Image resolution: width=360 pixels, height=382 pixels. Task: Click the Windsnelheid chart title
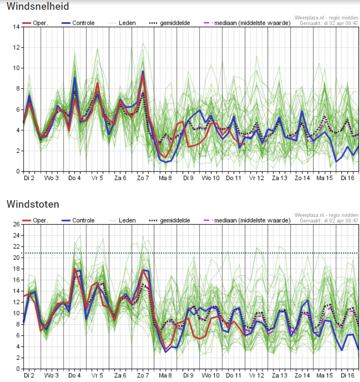(x=38, y=7)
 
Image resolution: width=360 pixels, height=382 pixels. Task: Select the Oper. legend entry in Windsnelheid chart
(x=36, y=23)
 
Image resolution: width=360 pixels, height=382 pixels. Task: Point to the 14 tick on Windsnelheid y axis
(x=16, y=27)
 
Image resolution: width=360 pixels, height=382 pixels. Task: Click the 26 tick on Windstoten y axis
(x=16, y=224)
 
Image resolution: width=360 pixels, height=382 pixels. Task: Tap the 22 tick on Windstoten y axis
(x=16, y=246)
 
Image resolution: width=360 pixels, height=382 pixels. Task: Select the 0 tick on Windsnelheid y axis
(x=18, y=171)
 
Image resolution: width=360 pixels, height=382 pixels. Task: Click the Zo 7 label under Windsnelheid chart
(x=143, y=178)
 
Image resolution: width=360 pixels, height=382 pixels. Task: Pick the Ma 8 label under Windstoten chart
(x=165, y=375)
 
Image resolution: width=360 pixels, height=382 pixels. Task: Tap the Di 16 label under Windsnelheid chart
(x=347, y=178)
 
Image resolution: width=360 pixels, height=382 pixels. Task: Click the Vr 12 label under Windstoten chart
(x=256, y=375)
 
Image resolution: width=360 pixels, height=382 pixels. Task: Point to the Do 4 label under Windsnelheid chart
(x=74, y=178)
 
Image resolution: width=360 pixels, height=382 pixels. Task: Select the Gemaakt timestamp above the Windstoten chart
(x=329, y=220)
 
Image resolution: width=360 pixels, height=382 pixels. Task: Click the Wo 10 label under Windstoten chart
(x=211, y=375)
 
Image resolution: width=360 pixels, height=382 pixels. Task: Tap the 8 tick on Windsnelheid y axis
(x=18, y=88)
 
